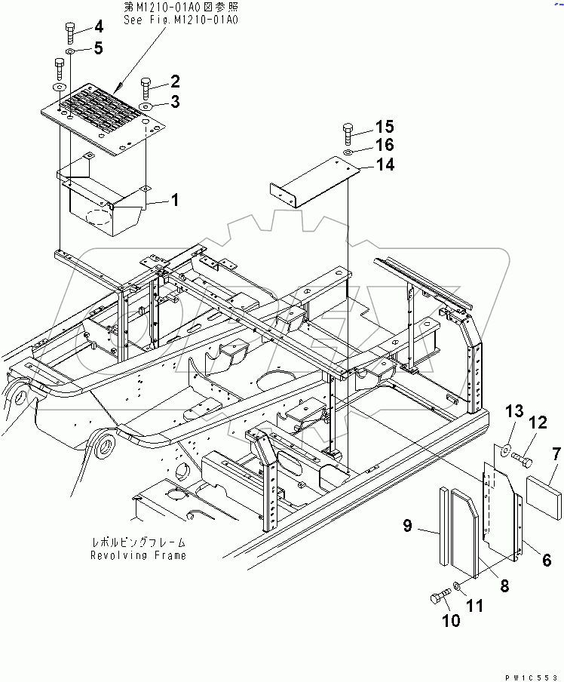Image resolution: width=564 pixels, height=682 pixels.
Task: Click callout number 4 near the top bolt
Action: [x=98, y=28]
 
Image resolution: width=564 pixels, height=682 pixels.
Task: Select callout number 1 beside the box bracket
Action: [x=174, y=201]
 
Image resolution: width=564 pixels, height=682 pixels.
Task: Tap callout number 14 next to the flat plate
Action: [x=385, y=164]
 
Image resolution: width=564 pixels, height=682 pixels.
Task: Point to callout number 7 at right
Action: [x=556, y=454]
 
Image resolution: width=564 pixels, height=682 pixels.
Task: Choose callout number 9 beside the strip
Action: [x=406, y=527]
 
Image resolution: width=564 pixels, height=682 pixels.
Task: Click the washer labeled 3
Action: [x=146, y=106]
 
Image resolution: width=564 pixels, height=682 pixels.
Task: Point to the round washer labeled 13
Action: [x=501, y=450]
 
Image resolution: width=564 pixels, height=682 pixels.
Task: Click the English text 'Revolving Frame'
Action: [x=139, y=555]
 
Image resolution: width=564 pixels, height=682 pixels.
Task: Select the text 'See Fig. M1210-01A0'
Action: [x=180, y=19]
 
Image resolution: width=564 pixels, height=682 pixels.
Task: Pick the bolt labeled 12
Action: [x=522, y=457]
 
